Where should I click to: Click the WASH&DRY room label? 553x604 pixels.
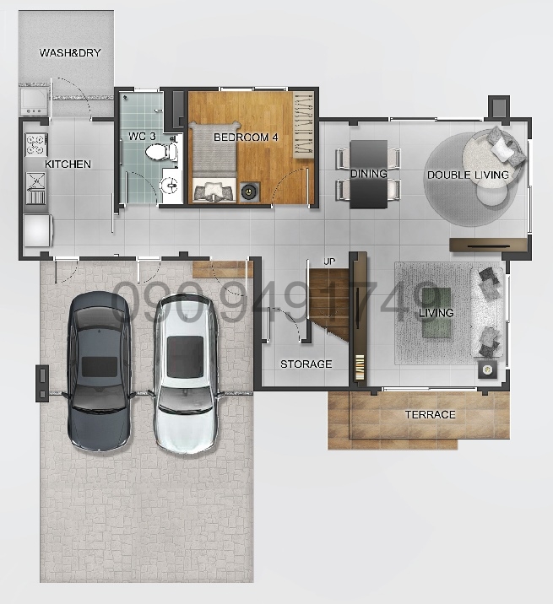pos(70,52)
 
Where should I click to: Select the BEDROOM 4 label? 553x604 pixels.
pos(246,138)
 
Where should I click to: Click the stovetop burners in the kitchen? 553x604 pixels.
pos(36,144)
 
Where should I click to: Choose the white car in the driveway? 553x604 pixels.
pos(185,373)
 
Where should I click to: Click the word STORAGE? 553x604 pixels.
pos(306,364)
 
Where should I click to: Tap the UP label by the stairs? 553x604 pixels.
pos(329,262)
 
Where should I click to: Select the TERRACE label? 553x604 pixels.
pos(430,414)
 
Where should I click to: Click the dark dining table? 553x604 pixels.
pos(368,174)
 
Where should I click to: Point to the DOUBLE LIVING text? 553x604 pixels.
pos(468,175)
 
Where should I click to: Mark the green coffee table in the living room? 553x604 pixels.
pos(436,313)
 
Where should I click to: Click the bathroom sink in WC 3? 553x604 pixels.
pos(171,186)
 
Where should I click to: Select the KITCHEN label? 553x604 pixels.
pos(68,164)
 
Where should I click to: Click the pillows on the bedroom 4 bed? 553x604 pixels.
pos(214,191)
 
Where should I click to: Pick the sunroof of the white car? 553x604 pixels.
pos(185,356)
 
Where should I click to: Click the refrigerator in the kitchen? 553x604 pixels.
pos(37,230)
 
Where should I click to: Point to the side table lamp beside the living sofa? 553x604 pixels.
pos(487,370)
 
